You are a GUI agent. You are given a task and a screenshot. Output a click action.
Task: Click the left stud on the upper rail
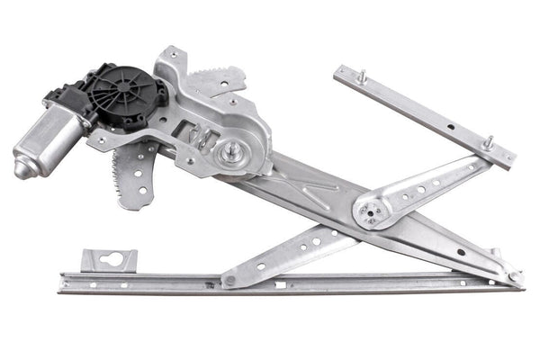point(361,77)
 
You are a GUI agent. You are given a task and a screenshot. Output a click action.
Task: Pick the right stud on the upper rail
point(489,143)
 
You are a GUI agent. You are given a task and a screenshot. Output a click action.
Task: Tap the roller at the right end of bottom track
point(514,277)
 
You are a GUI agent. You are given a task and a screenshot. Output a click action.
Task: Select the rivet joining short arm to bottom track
point(230,280)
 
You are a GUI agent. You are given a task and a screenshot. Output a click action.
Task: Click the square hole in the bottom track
point(280,284)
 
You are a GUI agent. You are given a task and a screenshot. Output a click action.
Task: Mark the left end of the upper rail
point(341,73)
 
